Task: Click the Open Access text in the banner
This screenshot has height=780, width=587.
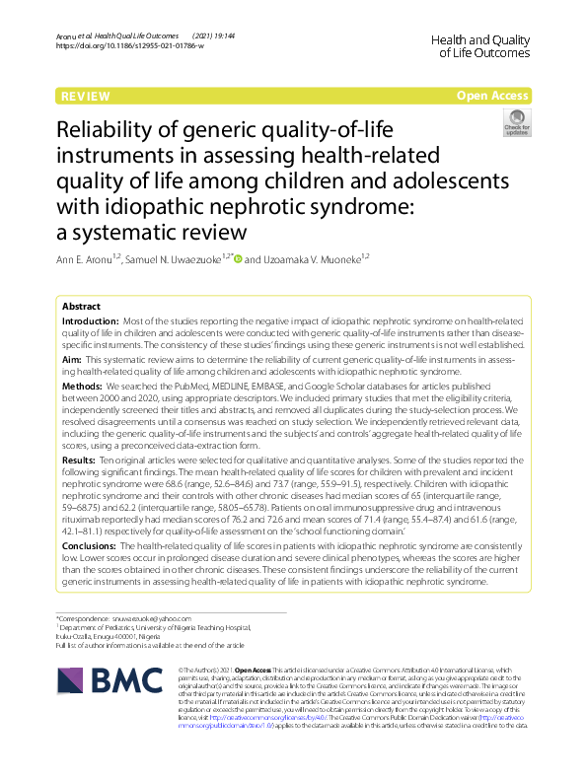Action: [x=492, y=96]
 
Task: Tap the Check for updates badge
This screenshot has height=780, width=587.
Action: [x=516, y=125]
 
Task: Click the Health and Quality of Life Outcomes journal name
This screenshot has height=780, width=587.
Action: [x=481, y=44]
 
